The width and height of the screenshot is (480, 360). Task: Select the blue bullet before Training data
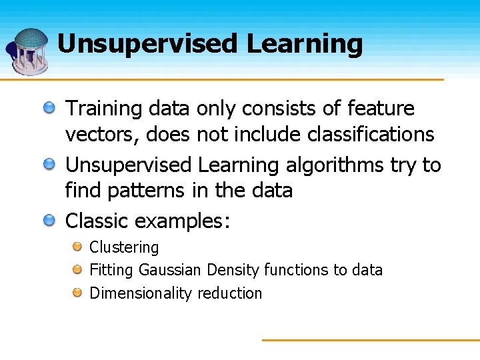[50, 107]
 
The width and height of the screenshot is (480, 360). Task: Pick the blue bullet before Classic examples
[50, 220]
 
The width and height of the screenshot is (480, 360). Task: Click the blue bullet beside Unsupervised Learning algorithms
[50, 164]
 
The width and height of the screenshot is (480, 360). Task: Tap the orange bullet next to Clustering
[77, 247]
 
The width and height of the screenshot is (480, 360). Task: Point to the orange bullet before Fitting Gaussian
[77, 270]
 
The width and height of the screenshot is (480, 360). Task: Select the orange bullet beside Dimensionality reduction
[77, 293]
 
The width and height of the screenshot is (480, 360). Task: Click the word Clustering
[124, 247]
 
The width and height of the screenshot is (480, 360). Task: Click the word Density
[233, 270]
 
